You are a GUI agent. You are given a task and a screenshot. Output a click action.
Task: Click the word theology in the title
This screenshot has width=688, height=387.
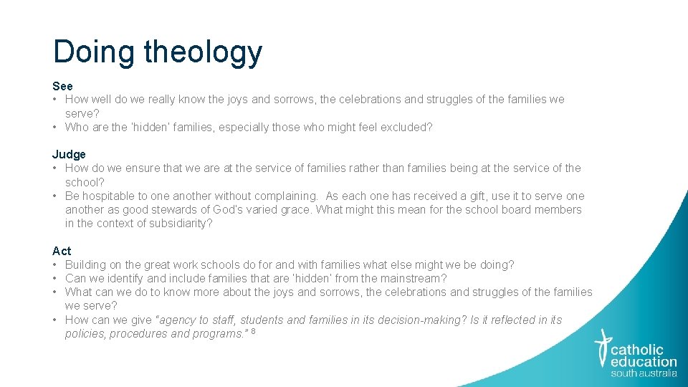coord(203,52)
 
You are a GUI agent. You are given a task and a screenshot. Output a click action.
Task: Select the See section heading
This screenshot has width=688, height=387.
coord(62,86)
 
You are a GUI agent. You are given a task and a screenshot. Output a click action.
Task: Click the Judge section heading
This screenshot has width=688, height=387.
coord(69,154)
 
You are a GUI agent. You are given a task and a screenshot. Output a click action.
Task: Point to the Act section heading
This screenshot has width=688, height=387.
coord(62,251)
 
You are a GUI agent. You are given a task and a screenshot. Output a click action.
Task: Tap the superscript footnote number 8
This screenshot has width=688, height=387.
coord(253,331)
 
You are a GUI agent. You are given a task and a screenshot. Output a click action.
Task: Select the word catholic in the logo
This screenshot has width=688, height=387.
coord(637,350)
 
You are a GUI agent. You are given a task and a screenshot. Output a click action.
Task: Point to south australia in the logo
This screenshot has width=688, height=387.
coord(643,373)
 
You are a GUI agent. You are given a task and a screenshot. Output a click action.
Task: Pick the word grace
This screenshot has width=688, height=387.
coord(296,209)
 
